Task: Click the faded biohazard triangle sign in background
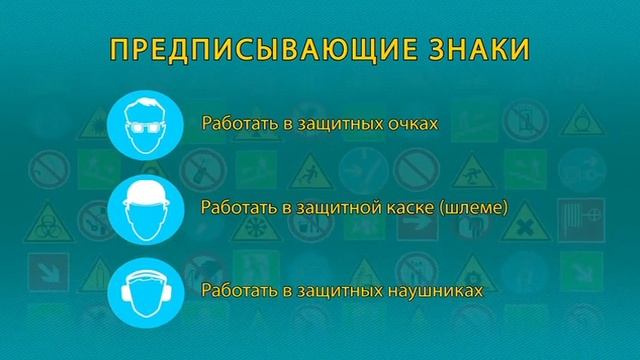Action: click(42, 221)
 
